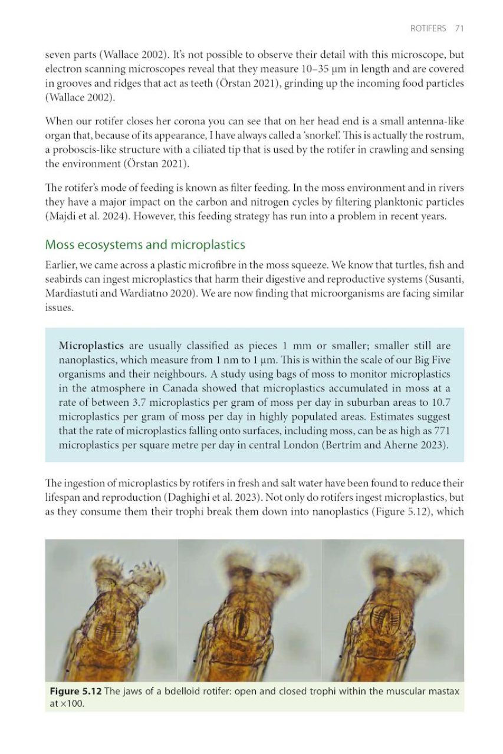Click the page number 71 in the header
coord(459,28)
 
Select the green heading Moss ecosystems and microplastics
coord(145,244)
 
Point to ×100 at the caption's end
coord(74,703)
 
